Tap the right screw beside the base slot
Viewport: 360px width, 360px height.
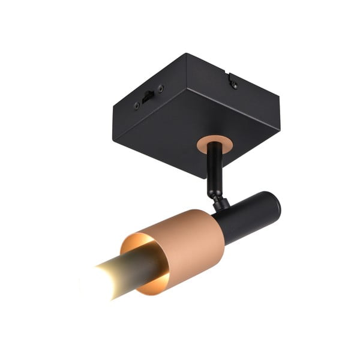click(x=160, y=89)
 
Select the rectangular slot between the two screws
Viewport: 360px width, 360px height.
click(x=148, y=96)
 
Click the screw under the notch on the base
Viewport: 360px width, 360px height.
click(x=233, y=85)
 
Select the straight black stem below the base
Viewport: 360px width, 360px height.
click(x=213, y=171)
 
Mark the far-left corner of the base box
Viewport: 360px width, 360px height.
click(x=112, y=109)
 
